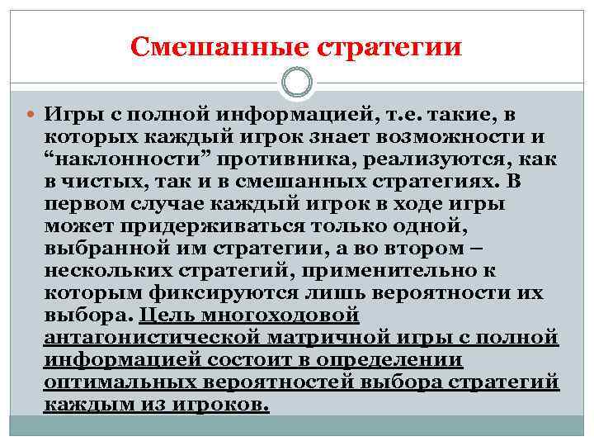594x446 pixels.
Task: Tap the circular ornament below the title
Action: (x=297, y=83)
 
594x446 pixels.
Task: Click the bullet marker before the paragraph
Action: (x=31, y=113)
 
